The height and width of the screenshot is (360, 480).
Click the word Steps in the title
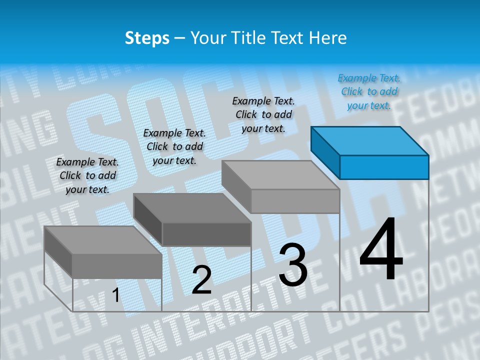click(x=146, y=38)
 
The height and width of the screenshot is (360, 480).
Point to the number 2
click(x=201, y=279)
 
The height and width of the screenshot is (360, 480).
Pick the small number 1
click(x=115, y=295)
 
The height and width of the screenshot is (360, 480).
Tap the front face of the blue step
click(x=384, y=167)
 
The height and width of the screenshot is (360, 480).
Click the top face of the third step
click(x=280, y=175)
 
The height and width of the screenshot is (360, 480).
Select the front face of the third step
click(x=295, y=201)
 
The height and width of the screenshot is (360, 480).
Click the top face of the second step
click(x=192, y=207)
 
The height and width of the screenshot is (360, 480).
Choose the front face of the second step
click(x=206, y=234)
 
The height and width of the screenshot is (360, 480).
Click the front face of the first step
click(x=117, y=266)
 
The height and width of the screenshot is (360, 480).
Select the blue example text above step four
click(x=369, y=91)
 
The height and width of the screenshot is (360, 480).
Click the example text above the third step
click(x=263, y=114)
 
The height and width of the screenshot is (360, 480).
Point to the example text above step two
click(x=174, y=146)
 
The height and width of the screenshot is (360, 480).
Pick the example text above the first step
click(x=87, y=175)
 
